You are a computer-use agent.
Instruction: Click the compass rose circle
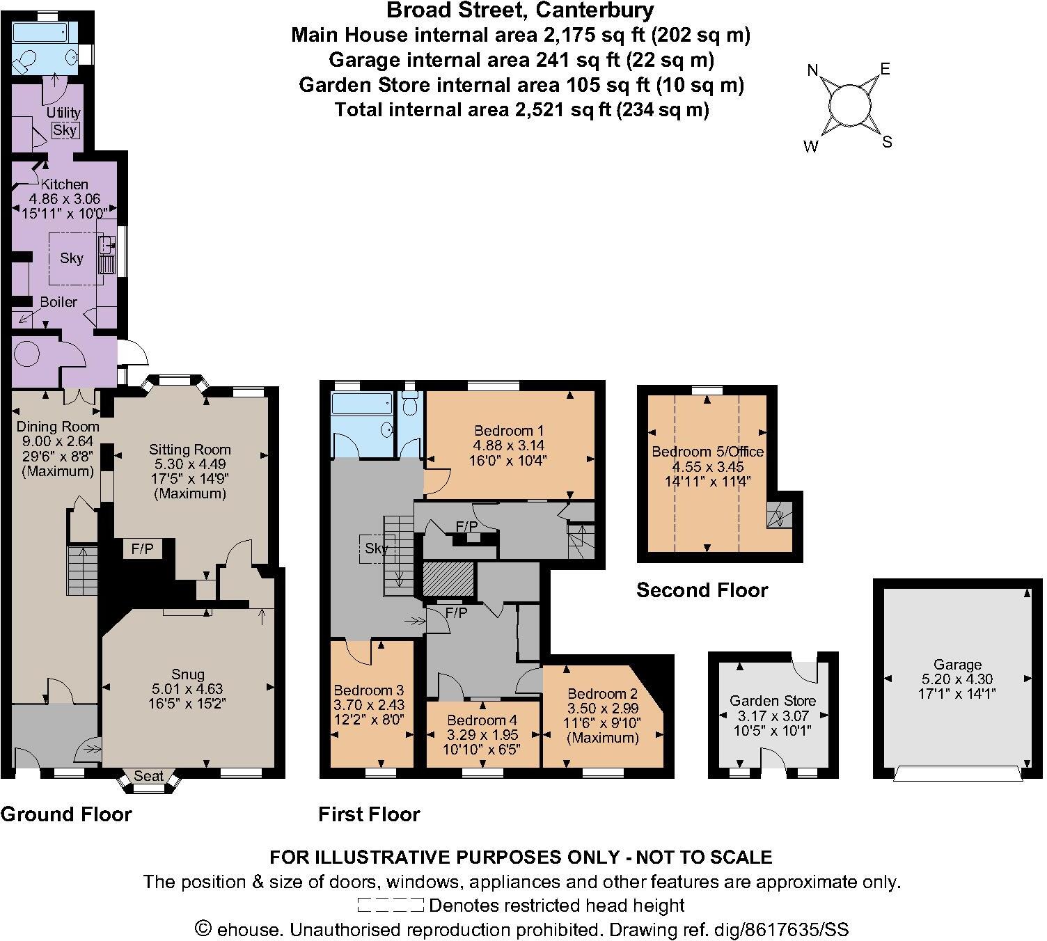[x=850, y=106]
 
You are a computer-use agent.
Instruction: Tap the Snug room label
[x=188, y=674]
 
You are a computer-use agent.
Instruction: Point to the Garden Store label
[x=773, y=701]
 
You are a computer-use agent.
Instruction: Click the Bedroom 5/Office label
[x=707, y=452]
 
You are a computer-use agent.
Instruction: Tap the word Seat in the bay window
[x=148, y=775]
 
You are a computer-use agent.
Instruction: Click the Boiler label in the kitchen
[x=58, y=302]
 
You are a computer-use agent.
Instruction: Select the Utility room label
[x=63, y=112]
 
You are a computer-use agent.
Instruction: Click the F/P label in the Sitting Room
[x=142, y=549]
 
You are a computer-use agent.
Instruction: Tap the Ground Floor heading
[x=66, y=814]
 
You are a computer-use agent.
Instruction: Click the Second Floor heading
[x=702, y=590]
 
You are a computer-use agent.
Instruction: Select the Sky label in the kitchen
[x=72, y=258]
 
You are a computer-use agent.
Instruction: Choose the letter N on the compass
[x=812, y=70]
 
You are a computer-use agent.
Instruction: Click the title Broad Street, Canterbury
[x=520, y=10]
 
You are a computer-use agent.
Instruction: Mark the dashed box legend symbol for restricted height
[x=390, y=906]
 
